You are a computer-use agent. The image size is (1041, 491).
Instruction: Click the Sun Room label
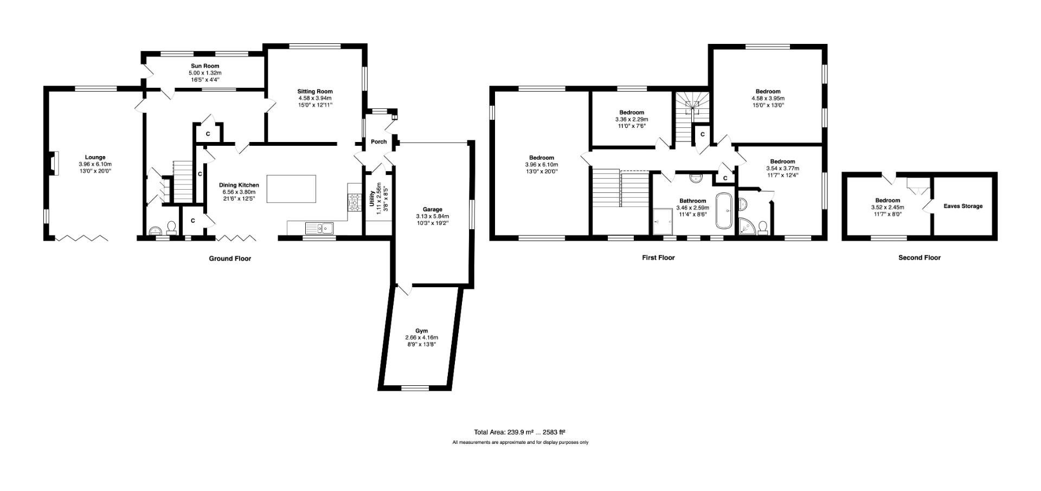point(205,66)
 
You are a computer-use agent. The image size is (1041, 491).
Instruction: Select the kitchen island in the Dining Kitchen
point(291,189)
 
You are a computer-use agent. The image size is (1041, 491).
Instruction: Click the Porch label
point(379,142)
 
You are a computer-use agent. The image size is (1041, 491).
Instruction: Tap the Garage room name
point(433,209)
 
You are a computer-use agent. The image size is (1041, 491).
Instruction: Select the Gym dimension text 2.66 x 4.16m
point(421,338)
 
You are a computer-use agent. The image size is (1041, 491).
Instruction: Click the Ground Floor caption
point(230,259)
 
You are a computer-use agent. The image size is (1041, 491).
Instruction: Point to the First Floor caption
point(658,257)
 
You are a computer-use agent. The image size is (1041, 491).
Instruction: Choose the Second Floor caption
point(920,257)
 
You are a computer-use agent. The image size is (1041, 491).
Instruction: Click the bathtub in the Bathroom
point(724,211)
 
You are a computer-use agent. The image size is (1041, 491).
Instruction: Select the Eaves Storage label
point(963,206)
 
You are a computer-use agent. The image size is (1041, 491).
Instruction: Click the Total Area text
point(519,432)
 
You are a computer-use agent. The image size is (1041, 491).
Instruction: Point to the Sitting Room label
point(315,91)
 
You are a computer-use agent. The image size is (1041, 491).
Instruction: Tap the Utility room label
point(372,199)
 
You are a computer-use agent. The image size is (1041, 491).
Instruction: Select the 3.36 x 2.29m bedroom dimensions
point(632,119)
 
